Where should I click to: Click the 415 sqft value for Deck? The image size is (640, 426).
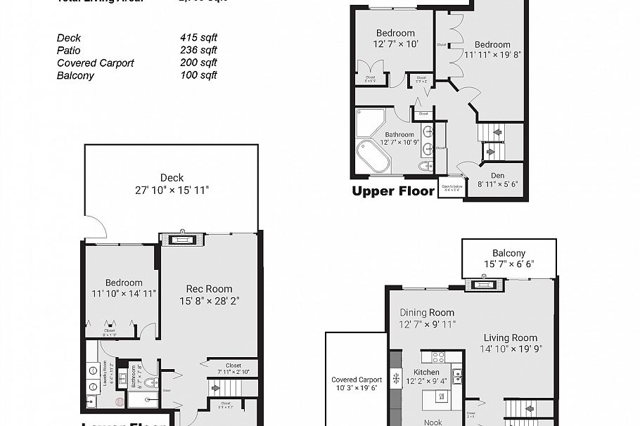click(198, 38)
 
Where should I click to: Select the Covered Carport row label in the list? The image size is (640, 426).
click(95, 63)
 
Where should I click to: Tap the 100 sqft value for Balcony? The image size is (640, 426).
click(198, 76)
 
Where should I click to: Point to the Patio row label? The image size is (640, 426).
click(69, 51)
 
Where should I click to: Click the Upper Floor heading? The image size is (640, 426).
click(393, 191)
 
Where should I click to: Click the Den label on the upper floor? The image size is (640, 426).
click(497, 176)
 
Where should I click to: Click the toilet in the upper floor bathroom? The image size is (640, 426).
click(425, 167)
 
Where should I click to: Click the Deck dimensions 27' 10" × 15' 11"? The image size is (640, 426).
click(172, 190)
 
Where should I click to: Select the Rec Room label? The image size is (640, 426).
click(209, 289)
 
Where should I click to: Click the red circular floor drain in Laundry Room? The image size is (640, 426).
click(119, 403)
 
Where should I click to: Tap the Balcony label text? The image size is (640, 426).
click(508, 253)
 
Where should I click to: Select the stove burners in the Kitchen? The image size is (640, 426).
click(435, 356)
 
